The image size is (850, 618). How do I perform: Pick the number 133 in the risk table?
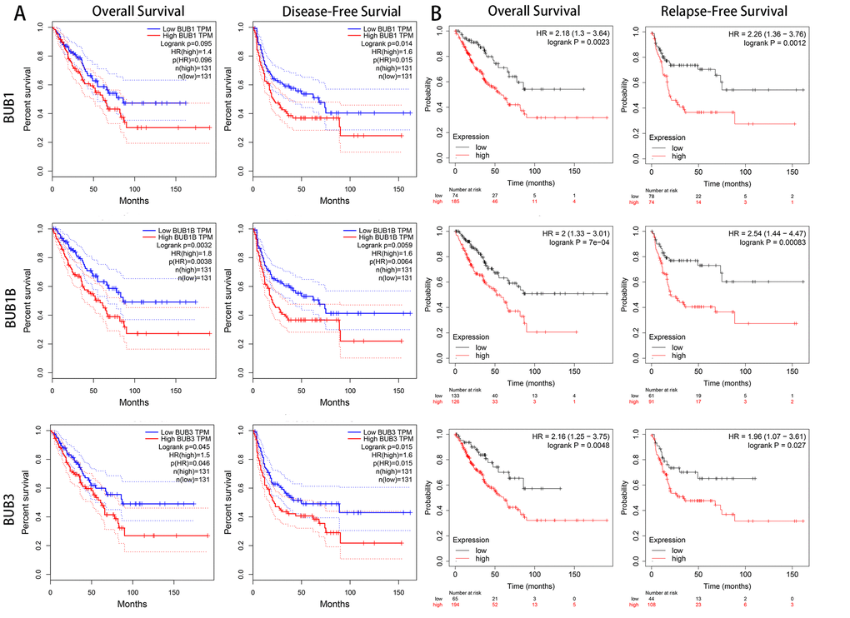tap(455, 396)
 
